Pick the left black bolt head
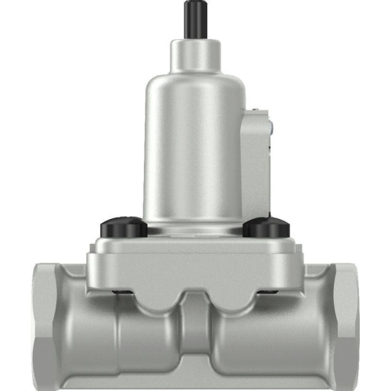tap(123, 228)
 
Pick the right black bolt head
tap(266, 228)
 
